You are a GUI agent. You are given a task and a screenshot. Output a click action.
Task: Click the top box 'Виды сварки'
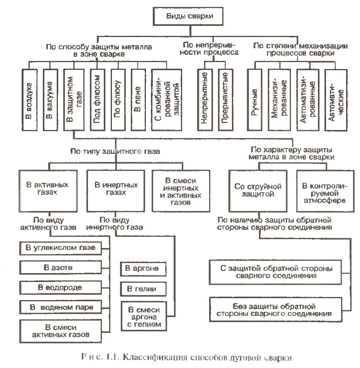189,16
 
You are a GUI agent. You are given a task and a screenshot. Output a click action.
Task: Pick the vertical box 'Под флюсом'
97,100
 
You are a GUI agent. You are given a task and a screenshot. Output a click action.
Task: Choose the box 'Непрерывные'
205,100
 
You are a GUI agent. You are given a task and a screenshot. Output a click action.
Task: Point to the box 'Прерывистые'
225,100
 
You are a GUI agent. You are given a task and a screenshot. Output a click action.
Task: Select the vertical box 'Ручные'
255,100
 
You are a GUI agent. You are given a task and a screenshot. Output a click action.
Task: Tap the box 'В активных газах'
47,189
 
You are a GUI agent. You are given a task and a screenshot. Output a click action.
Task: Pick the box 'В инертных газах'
115,189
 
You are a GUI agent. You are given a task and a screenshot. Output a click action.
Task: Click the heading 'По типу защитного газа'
115,152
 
